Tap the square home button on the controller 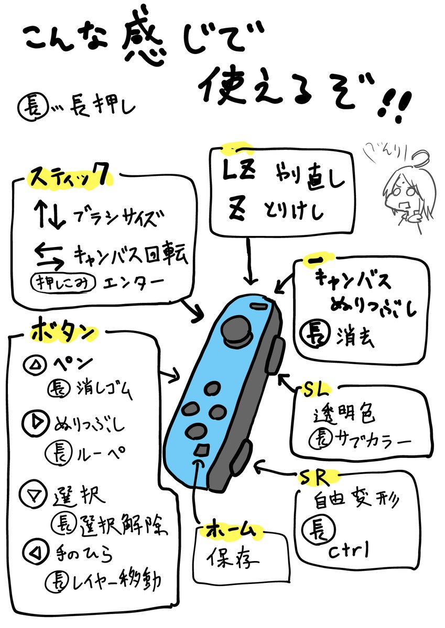(x=201, y=450)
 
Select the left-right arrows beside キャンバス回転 (x=49, y=253)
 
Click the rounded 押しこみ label (x=64, y=283)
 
